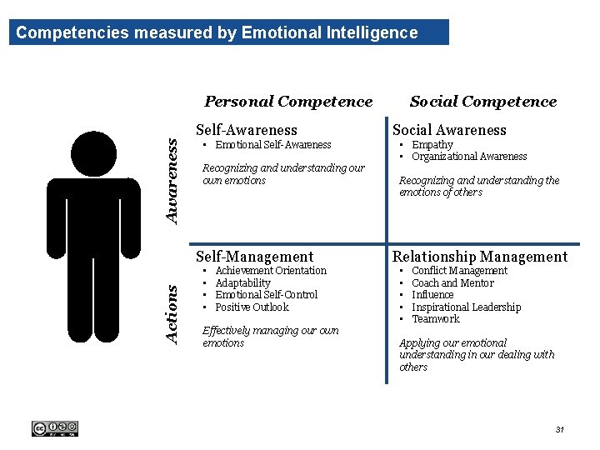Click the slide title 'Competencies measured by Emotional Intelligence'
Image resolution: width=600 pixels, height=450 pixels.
pos(217,32)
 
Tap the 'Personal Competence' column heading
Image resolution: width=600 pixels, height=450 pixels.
pos(288,102)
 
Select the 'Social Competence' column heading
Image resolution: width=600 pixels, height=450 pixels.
pos(482,102)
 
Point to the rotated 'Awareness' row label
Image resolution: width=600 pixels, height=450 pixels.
pos(172,181)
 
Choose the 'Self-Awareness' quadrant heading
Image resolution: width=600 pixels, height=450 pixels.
pos(246,129)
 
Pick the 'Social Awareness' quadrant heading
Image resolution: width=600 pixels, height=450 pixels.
pos(449,129)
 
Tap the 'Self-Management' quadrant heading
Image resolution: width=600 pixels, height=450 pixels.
pos(254,257)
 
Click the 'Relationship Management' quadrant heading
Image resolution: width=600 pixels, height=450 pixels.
pos(479,257)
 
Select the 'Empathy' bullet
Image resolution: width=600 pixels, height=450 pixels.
pos(432,144)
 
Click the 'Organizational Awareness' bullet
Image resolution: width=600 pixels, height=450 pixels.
pos(469,156)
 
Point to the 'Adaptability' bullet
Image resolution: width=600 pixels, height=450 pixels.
pos(242,282)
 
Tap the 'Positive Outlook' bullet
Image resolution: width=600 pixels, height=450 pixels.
pos(252,307)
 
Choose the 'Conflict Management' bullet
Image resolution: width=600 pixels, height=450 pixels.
pos(459,270)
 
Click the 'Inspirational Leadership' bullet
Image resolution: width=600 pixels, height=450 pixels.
pos(466,307)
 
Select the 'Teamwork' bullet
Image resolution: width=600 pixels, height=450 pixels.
pos(435,318)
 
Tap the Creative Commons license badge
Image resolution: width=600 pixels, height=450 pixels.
pos(54,428)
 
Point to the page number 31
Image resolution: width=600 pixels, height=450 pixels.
pos(559,429)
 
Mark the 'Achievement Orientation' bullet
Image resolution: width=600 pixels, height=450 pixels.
pos(271,270)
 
